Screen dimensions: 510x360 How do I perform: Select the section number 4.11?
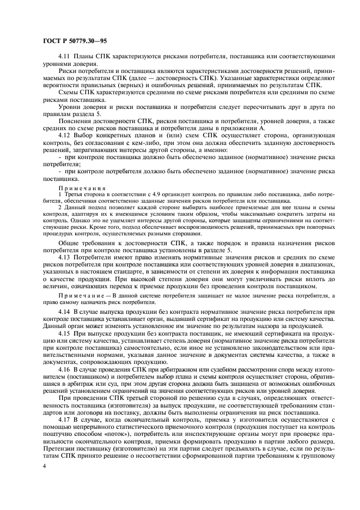point(64,57)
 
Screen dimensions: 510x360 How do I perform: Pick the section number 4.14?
point(64,311)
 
